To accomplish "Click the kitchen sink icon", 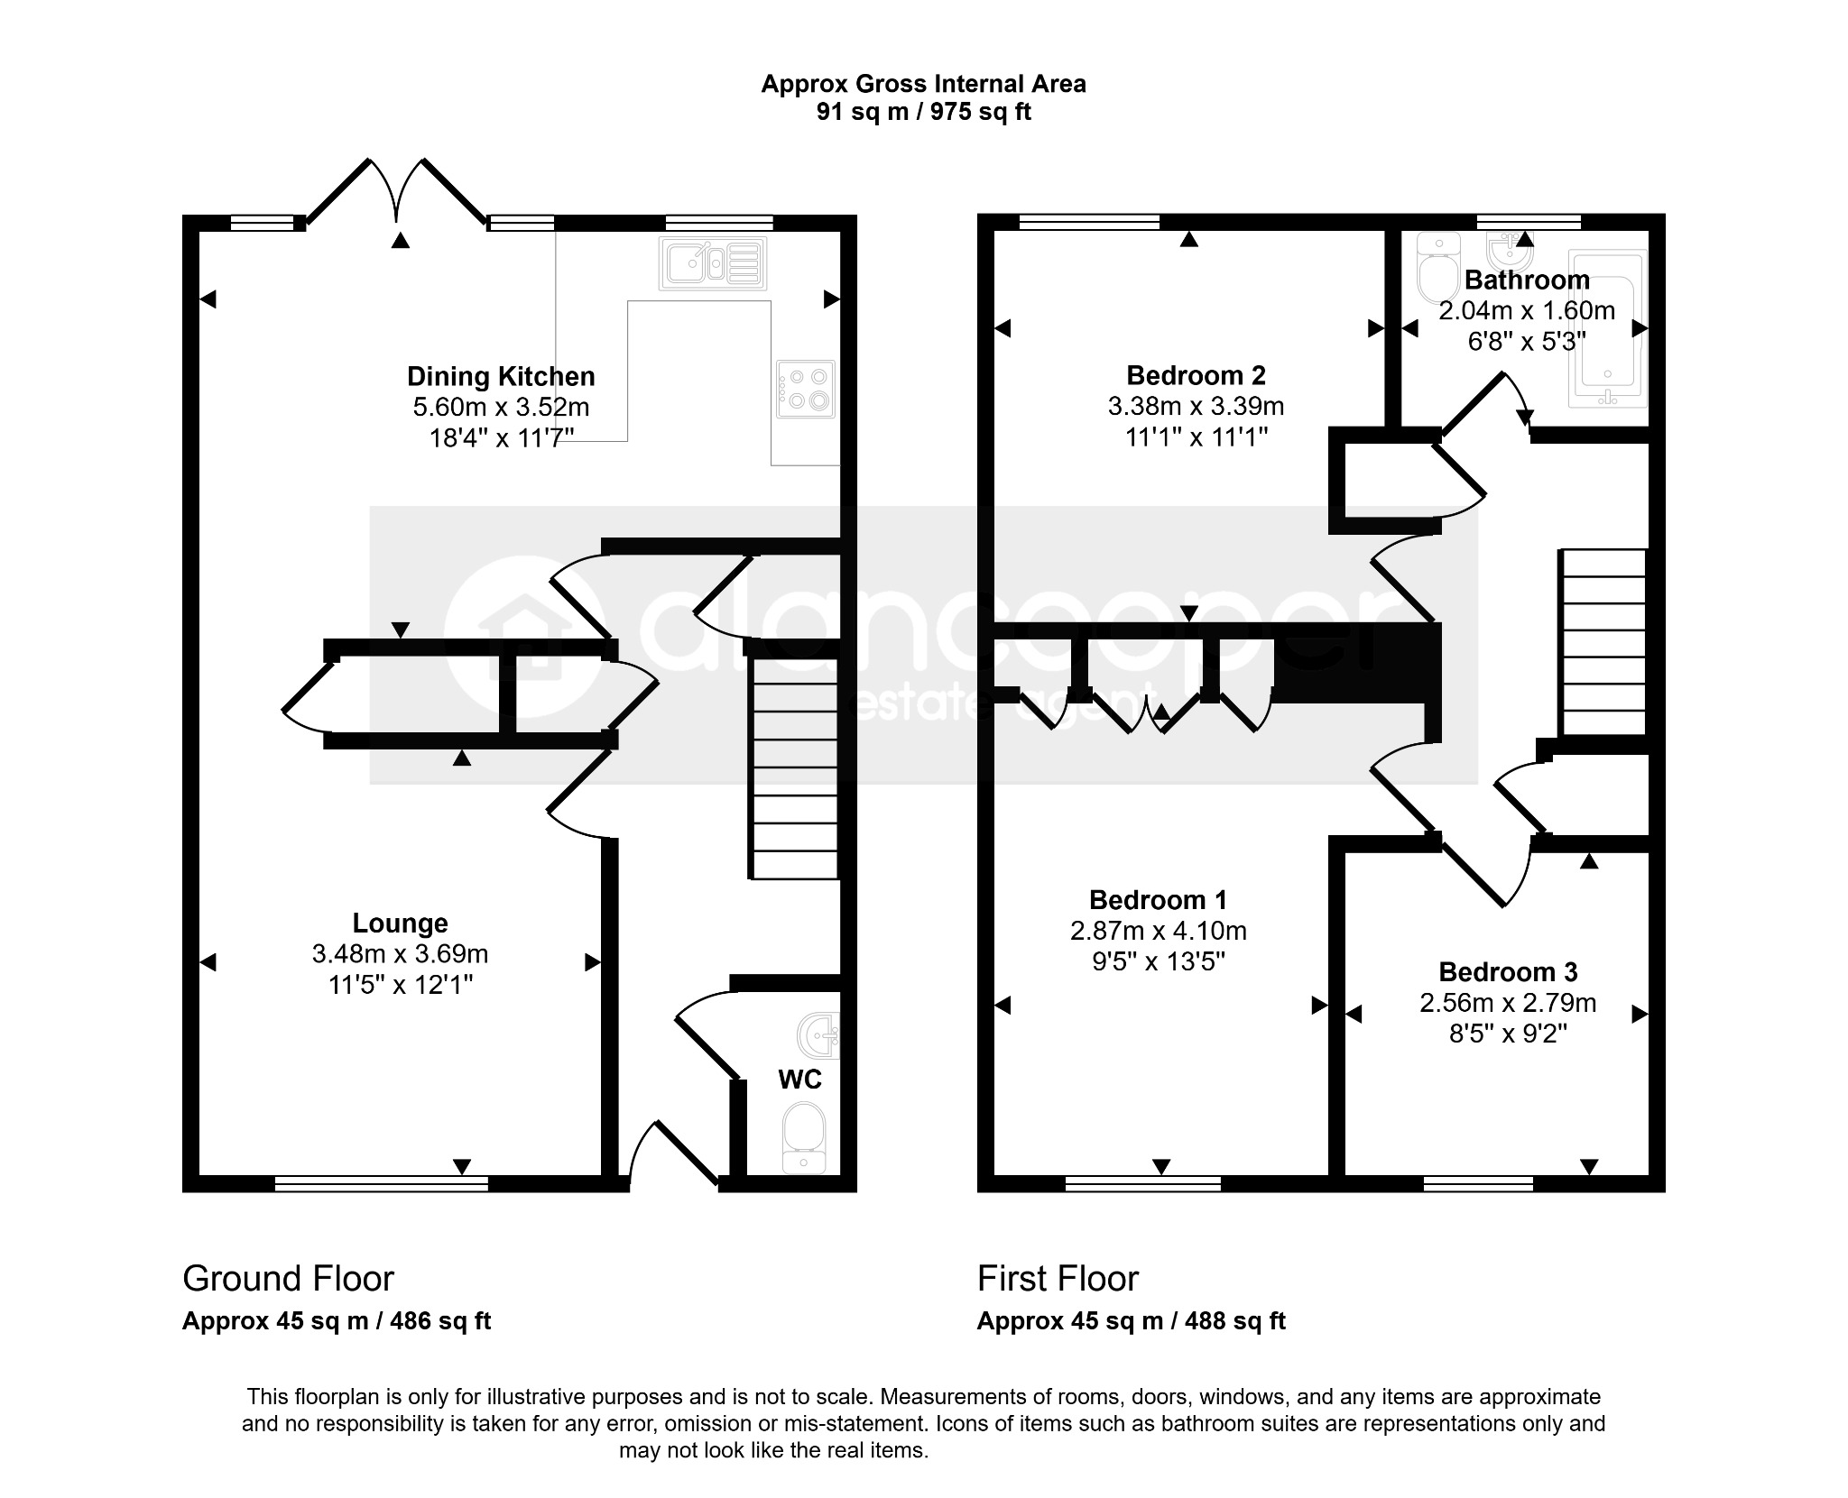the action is [x=713, y=263].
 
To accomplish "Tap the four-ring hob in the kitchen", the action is [x=806, y=389].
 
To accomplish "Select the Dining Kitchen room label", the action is [x=501, y=376].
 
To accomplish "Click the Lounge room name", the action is [x=400, y=923].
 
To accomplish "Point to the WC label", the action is [x=799, y=1080].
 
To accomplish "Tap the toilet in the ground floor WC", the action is [x=803, y=1137].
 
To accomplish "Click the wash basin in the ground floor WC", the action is [x=819, y=1034].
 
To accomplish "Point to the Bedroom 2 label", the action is [x=1196, y=375].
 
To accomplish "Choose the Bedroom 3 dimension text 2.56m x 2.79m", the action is [x=1508, y=1003].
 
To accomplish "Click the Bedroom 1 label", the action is [x=1159, y=900].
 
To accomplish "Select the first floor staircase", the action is [x=1603, y=642].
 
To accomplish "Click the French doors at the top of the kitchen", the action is [x=397, y=191].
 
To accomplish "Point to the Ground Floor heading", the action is [x=289, y=1279].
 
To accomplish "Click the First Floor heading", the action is [x=1058, y=1279].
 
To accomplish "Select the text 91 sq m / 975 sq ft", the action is [x=924, y=112].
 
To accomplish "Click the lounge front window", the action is [x=382, y=1183].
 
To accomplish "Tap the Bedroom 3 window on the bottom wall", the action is [x=1478, y=1183].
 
